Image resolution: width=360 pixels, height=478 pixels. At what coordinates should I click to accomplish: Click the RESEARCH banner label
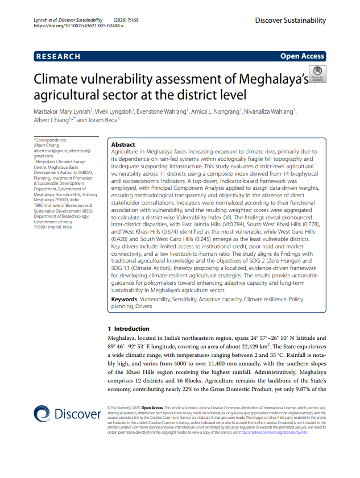pos(58,56)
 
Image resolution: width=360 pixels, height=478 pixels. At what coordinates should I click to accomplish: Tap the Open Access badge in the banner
pos(302,56)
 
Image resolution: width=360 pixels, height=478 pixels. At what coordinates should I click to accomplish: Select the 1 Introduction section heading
pos(129,329)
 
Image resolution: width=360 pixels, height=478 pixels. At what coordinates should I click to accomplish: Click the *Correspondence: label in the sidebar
pos(51,140)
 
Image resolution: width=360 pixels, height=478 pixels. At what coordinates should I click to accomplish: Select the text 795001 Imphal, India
pos(53,227)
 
